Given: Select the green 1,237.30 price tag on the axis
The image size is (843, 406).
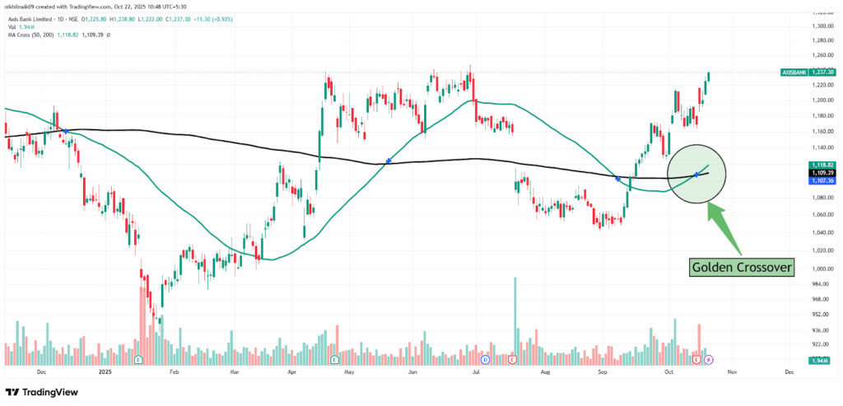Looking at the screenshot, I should (x=823, y=72).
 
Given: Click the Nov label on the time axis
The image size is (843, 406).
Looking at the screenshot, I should (x=730, y=372).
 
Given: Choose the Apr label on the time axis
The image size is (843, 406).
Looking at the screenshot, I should (x=292, y=372).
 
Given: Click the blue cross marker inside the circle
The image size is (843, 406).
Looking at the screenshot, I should (x=697, y=174).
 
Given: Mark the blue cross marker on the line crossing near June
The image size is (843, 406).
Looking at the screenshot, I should (x=388, y=161).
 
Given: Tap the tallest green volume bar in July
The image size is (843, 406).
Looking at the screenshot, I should (x=515, y=321).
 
